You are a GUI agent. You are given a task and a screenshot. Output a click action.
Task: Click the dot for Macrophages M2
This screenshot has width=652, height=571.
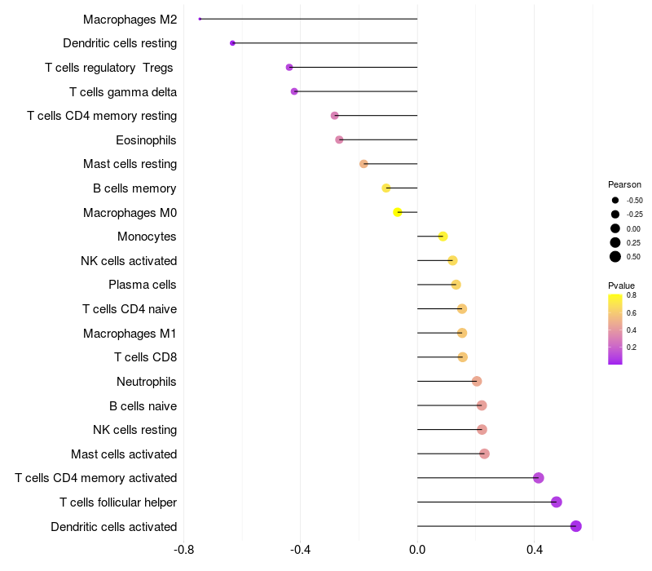[x=200, y=19]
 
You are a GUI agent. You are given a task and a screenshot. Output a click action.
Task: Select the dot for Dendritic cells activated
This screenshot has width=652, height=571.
[x=576, y=526]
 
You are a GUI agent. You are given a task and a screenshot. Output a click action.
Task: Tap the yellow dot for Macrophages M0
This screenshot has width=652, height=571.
[x=398, y=212]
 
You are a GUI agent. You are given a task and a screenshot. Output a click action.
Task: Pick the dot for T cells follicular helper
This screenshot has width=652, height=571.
[x=557, y=502]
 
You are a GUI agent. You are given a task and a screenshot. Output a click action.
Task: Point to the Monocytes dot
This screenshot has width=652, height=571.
[x=443, y=237]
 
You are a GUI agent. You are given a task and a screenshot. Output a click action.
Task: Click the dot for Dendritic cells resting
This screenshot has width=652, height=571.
[x=232, y=43]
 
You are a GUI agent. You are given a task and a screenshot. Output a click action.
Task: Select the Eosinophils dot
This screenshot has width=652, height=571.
[x=339, y=139]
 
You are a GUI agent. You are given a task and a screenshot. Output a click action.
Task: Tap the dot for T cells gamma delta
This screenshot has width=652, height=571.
[x=294, y=91]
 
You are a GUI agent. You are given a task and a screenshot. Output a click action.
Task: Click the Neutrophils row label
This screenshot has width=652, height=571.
[x=147, y=381]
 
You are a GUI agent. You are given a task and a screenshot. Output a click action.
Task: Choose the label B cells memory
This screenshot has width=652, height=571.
[x=134, y=188]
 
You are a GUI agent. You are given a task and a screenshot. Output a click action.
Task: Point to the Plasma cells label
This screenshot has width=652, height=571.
[x=143, y=285]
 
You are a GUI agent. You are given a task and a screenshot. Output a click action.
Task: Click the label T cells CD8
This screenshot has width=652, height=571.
[x=145, y=357]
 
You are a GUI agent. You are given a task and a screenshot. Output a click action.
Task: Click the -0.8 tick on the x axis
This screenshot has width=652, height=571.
[x=184, y=550]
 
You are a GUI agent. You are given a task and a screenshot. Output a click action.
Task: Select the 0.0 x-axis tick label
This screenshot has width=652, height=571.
[x=417, y=550]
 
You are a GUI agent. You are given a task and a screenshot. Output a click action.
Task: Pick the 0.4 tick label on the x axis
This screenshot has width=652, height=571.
[x=534, y=550]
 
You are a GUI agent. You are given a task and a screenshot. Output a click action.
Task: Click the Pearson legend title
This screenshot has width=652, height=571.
[x=624, y=184]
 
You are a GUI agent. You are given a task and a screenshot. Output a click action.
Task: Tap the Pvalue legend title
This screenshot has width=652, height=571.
[x=621, y=285]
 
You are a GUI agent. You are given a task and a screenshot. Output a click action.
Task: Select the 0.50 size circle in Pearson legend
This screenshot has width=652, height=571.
[x=615, y=257]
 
